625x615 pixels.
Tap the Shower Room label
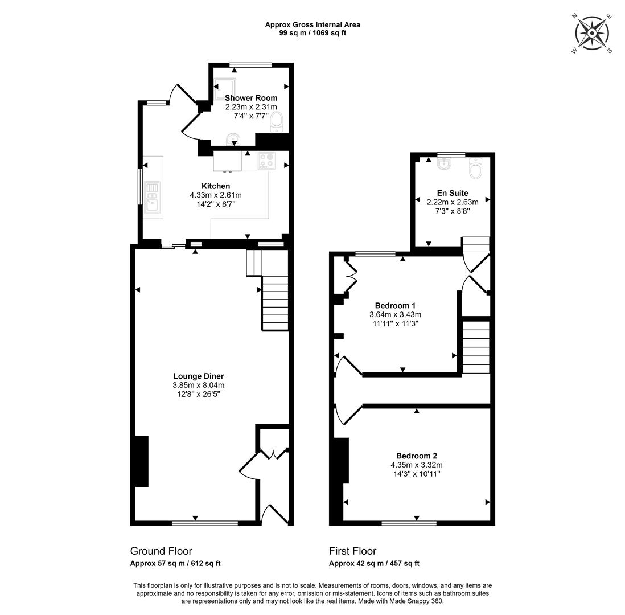[251, 98]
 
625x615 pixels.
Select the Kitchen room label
[216, 186]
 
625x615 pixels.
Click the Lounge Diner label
[199, 376]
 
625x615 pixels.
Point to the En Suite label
[453, 193]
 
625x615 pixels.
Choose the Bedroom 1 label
[395, 305]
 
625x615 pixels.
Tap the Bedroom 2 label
[417, 456]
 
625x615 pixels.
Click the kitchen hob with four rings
[266, 161]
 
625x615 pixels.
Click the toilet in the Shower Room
[277, 122]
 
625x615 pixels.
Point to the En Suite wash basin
[443, 164]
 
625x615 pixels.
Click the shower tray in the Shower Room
[225, 89]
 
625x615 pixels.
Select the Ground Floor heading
[161, 551]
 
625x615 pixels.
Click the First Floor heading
[352, 551]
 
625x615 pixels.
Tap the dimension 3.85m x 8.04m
[199, 386]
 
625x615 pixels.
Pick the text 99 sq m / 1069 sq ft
[312, 33]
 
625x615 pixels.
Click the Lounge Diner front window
[205, 523]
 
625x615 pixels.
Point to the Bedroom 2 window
[409, 523]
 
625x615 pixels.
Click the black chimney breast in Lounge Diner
[142, 461]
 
